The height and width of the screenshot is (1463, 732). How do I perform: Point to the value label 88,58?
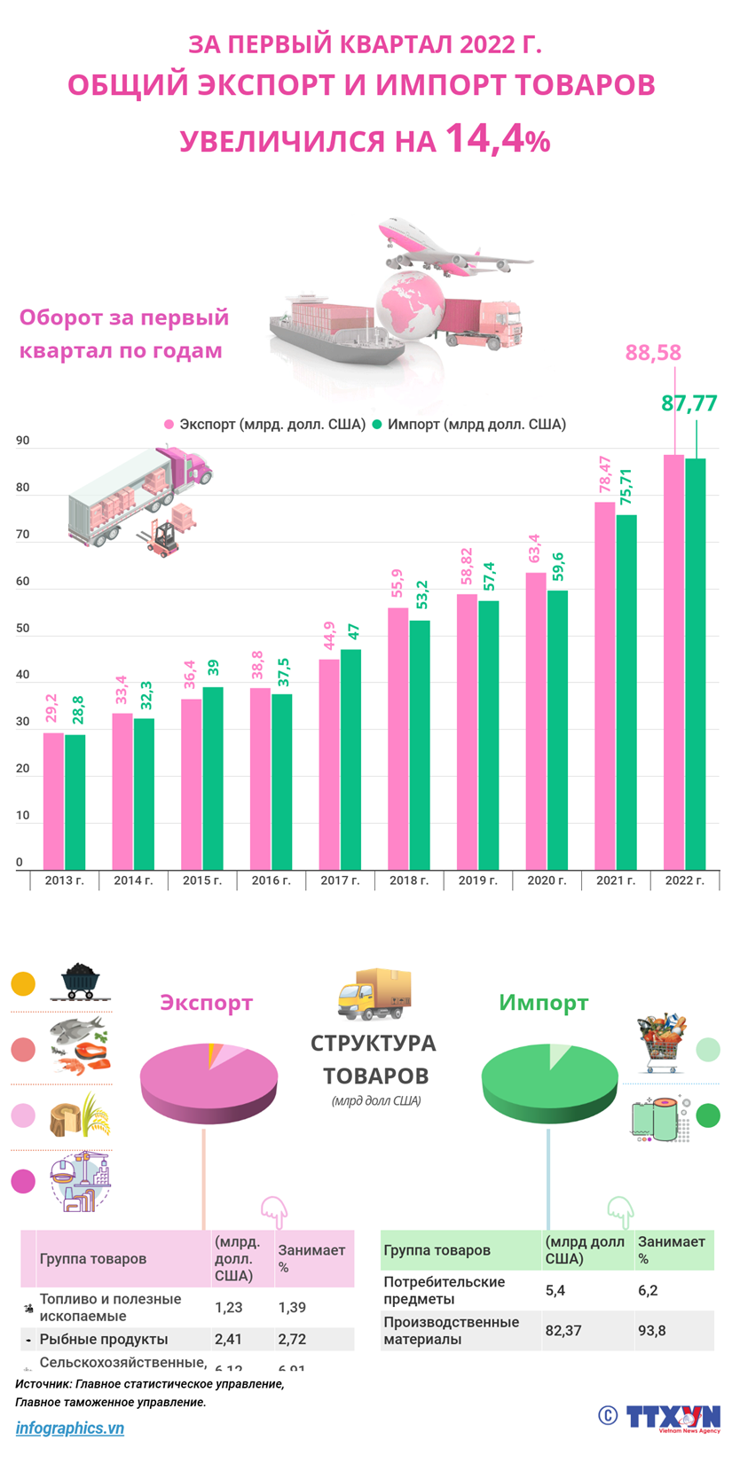[653, 353]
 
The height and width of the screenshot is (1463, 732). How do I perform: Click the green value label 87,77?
[689, 403]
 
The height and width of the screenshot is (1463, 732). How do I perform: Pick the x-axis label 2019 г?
[477, 880]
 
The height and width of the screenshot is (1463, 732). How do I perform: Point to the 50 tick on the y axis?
[22, 629]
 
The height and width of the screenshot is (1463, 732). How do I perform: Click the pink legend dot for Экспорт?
[169, 425]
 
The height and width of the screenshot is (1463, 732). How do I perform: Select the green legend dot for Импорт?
[376, 425]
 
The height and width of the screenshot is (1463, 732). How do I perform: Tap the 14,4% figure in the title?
[497, 139]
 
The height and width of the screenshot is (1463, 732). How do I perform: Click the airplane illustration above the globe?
[448, 245]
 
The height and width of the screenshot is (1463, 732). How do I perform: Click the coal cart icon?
[85, 982]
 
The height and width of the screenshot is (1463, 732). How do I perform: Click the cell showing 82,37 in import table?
[563, 1330]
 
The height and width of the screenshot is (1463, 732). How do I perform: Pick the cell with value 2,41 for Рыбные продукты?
[228, 1339]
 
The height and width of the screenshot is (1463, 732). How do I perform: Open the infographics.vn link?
[69, 1428]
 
